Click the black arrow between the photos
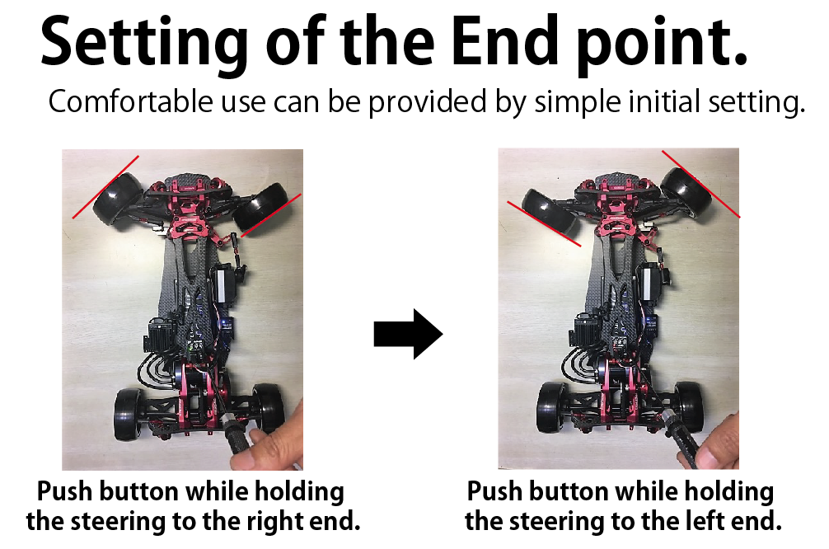(408, 335)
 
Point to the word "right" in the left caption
(274, 523)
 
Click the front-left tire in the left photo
(118, 199)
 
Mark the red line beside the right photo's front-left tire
(544, 223)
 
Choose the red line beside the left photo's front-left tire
(105, 186)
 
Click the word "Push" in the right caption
(495, 492)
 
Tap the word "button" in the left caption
(138, 492)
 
